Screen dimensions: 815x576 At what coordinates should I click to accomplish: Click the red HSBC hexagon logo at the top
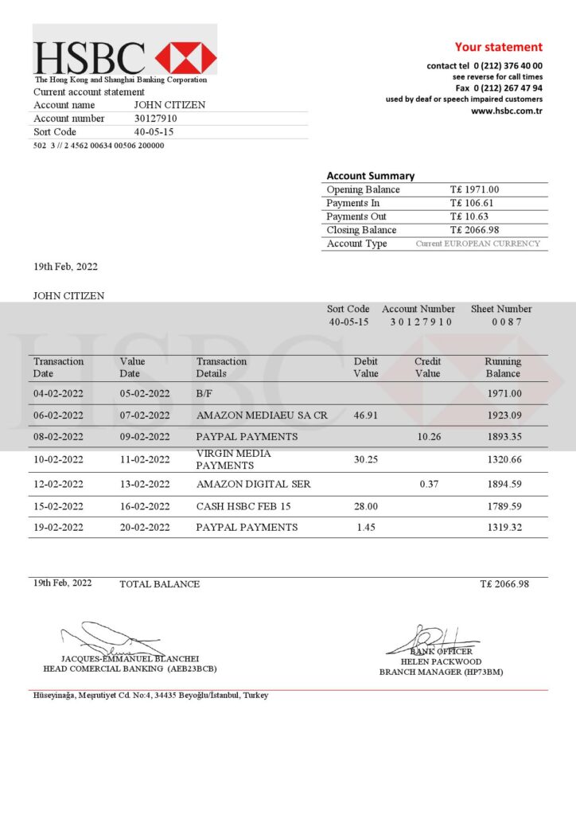tap(185, 58)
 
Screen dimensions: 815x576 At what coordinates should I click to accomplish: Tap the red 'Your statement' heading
tap(498, 47)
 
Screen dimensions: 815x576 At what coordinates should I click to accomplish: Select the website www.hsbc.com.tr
tap(506, 111)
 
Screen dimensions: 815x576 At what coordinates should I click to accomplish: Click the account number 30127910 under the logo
tap(155, 119)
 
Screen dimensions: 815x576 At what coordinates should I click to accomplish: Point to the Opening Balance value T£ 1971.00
tap(474, 189)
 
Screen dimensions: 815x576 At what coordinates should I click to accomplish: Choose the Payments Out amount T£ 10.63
tap(469, 216)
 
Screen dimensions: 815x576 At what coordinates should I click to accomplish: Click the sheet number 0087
tap(506, 322)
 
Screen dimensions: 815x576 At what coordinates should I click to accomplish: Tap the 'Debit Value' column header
tap(366, 367)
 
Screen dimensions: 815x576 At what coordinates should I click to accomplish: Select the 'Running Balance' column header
tap(503, 367)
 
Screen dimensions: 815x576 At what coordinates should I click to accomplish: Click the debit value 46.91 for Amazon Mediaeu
tap(366, 415)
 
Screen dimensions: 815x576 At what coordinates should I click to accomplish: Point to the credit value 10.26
tap(428, 437)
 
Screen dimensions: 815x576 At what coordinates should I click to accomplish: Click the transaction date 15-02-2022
tap(58, 506)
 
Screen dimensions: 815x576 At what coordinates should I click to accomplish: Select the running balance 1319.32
tap(504, 528)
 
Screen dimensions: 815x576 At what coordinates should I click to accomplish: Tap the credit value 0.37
tap(428, 484)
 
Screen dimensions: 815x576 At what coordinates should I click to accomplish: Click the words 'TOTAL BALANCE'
tap(159, 584)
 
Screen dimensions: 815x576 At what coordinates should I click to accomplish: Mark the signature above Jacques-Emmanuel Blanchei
tap(111, 639)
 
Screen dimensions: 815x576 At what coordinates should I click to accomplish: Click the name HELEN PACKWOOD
tap(441, 661)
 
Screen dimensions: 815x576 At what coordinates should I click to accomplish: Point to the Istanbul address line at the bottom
tap(150, 696)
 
